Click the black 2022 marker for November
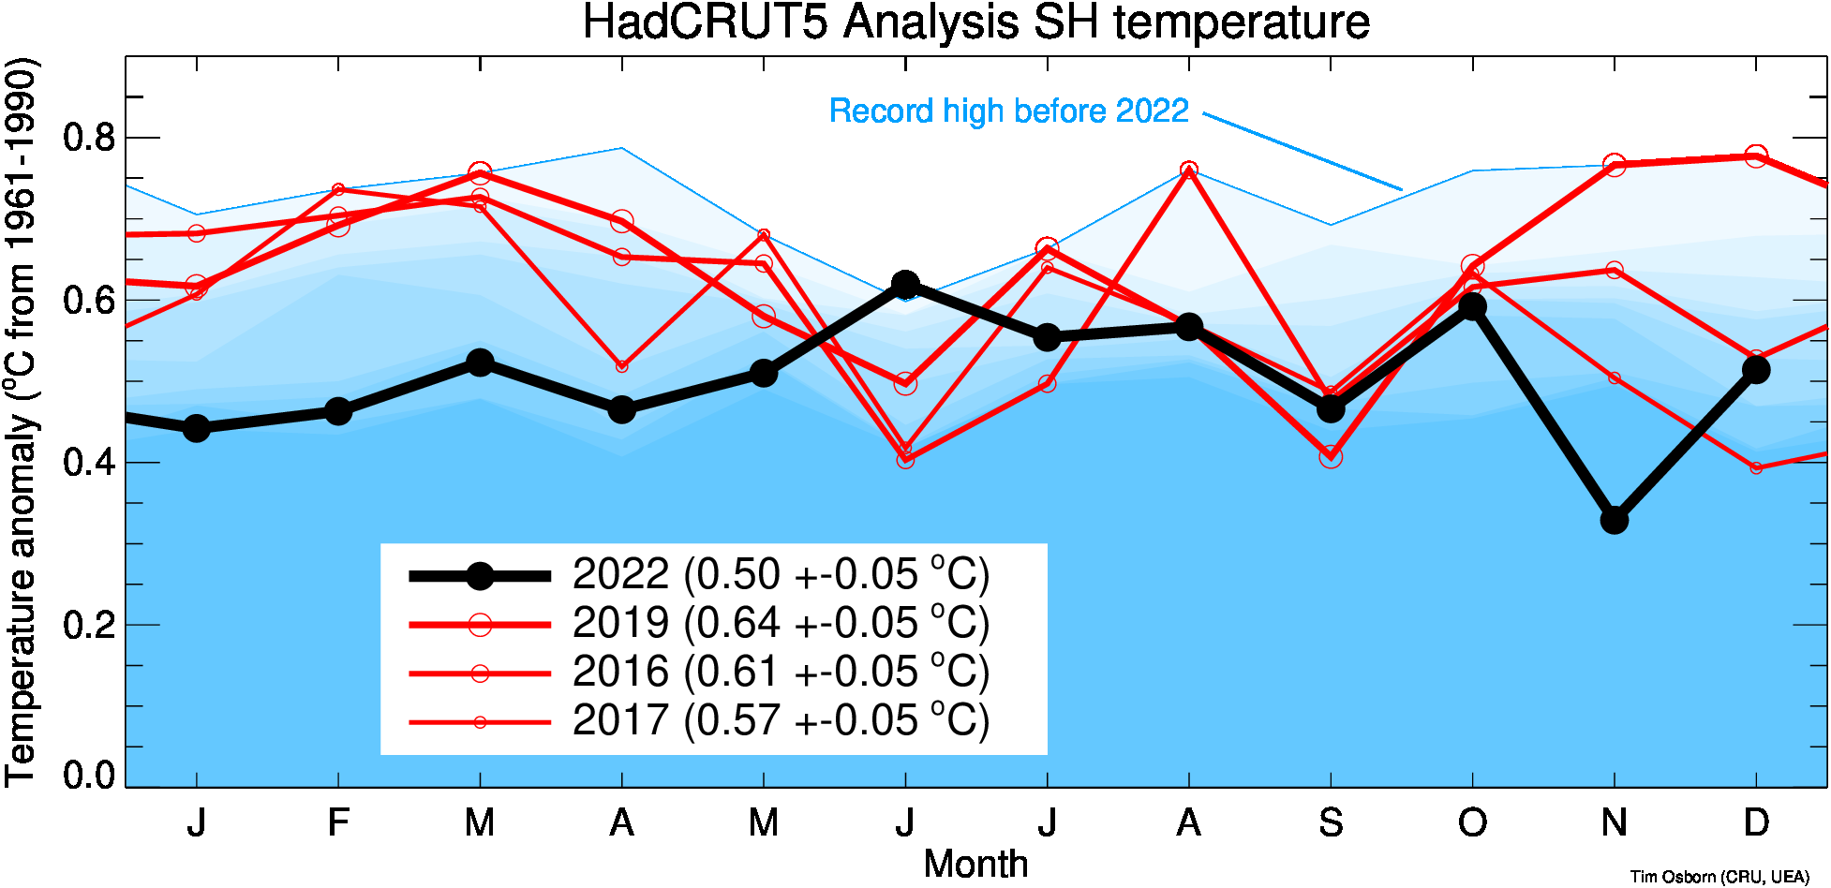(1614, 519)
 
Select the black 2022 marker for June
(905, 284)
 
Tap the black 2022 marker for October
(1472, 306)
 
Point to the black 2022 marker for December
(1756, 369)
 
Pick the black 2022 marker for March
(480, 363)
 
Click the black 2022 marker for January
(196, 428)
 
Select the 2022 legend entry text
(781, 574)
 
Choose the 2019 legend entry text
(781, 623)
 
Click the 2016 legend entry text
(781, 672)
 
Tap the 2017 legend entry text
(781, 720)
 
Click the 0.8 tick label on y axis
(89, 138)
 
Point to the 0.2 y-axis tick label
(89, 625)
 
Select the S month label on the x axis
(1331, 823)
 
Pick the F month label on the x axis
(338, 823)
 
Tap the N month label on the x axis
(1614, 823)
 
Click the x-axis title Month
(975, 864)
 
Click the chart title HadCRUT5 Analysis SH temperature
(975, 22)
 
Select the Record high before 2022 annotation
(1009, 111)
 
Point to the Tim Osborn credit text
(1719, 877)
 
